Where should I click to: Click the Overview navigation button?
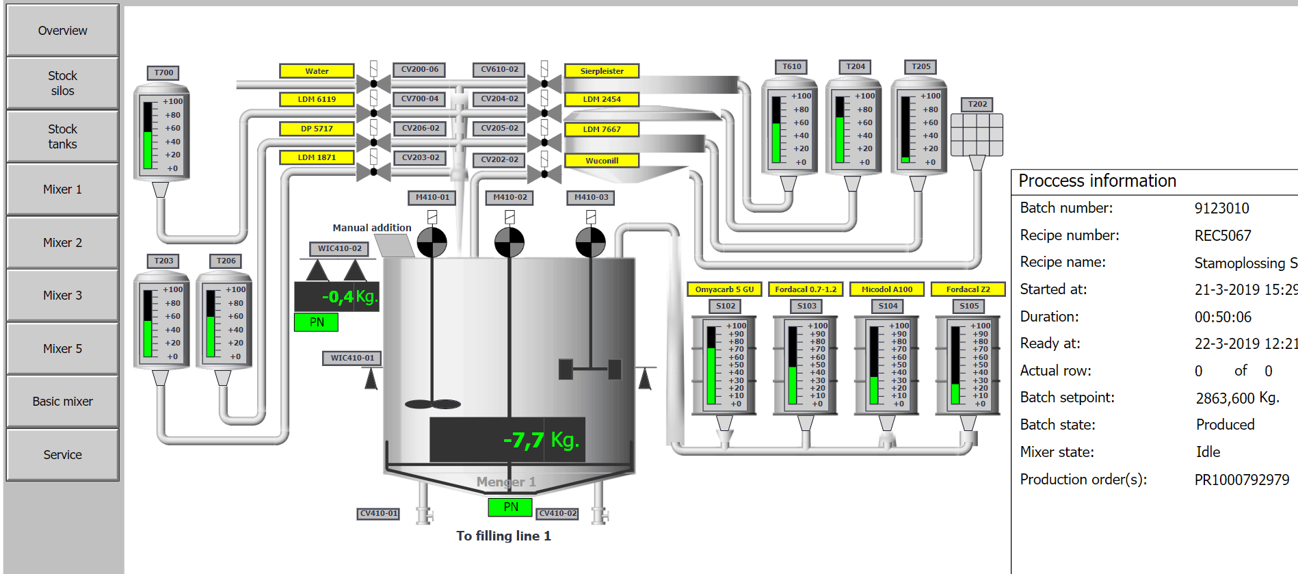62,31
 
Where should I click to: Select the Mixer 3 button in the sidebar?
62,296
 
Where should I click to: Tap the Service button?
62,455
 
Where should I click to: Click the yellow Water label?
317,71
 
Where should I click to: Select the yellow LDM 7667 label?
602,129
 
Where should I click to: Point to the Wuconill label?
602,161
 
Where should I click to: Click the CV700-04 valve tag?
420,99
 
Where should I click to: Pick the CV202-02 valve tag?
499,159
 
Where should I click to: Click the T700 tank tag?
163,73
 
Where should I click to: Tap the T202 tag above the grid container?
977,104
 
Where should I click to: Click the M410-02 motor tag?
510,198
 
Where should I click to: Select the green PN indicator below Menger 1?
510,507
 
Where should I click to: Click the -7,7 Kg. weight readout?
541,440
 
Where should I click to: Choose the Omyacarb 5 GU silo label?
724,289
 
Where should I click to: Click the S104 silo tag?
888,306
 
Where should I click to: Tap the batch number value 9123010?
1221,209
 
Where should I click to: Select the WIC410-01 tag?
352,358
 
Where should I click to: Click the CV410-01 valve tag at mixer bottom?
378,514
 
